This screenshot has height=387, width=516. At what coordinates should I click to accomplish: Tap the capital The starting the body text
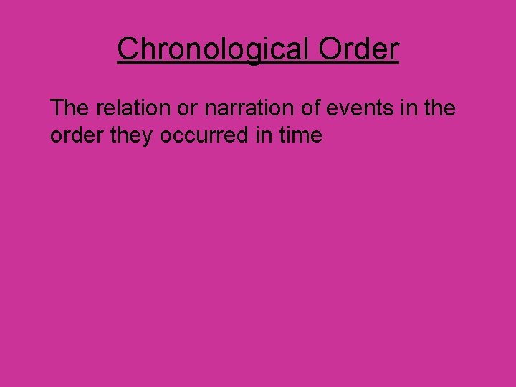coord(67,108)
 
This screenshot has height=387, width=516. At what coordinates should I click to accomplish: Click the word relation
coord(126,108)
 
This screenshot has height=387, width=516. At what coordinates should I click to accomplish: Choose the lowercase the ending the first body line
coord(439,108)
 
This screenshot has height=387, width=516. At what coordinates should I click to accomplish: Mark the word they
coord(133,135)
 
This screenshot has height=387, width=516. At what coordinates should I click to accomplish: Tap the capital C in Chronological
coord(128,49)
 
